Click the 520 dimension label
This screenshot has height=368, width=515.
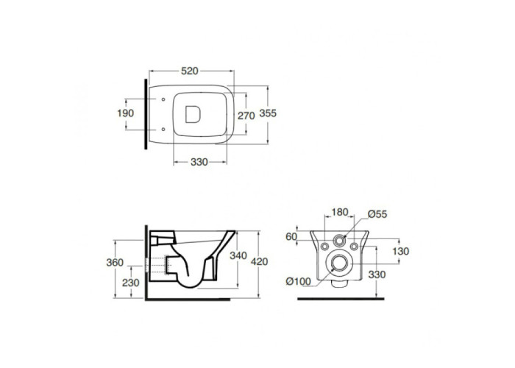[190, 71]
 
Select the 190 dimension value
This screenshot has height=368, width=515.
[126, 113]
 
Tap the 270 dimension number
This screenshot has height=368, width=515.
[246, 116]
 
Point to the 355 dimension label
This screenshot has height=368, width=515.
[268, 113]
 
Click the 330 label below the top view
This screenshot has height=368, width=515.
[199, 162]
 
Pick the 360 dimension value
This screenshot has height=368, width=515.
[115, 263]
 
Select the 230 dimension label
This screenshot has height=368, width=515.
[131, 283]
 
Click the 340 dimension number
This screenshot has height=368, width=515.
[238, 255]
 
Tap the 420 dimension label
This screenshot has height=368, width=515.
[260, 262]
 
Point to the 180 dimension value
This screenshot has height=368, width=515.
[339, 213]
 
